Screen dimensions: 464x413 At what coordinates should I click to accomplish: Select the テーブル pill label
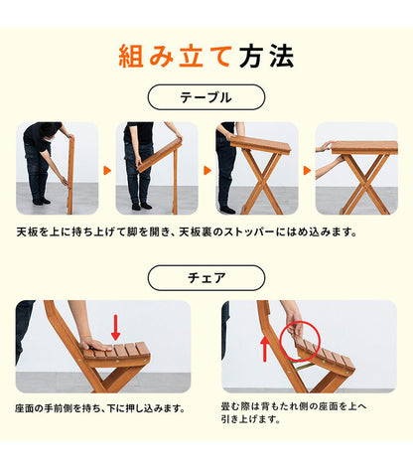tap(206, 97)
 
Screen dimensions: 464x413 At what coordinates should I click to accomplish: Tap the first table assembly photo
tap(57, 168)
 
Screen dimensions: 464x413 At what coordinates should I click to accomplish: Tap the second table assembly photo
tap(156, 168)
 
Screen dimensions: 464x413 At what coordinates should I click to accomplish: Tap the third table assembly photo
tap(256, 168)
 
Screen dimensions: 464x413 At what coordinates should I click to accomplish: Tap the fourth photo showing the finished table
tap(355, 168)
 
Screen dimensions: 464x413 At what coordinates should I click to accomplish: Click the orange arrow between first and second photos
tap(106, 170)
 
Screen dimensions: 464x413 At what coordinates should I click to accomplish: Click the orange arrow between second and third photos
tap(206, 170)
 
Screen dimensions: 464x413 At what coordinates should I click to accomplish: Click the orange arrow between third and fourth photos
tap(306, 170)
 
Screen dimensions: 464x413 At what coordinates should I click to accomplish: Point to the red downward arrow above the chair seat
tap(116, 326)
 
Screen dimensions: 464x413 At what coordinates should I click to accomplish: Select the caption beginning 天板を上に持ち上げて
tap(187, 233)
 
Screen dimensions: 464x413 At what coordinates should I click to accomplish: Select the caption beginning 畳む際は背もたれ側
tap(296, 413)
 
